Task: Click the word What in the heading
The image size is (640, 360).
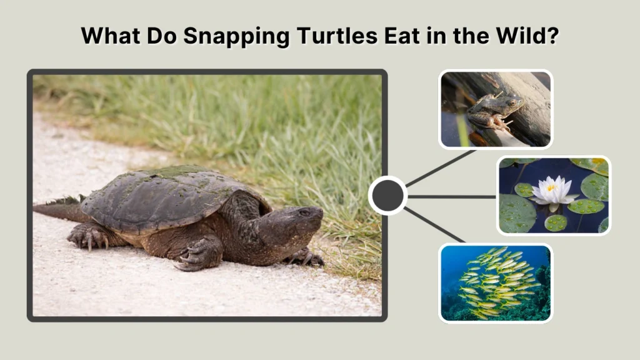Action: click(x=110, y=36)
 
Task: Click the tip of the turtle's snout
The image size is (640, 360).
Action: click(x=321, y=214)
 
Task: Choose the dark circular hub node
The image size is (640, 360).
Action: click(x=388, y=196)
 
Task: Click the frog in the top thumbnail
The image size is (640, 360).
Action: click(x=494, y=111)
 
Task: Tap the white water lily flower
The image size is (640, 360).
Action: click(x=554, y=190)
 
